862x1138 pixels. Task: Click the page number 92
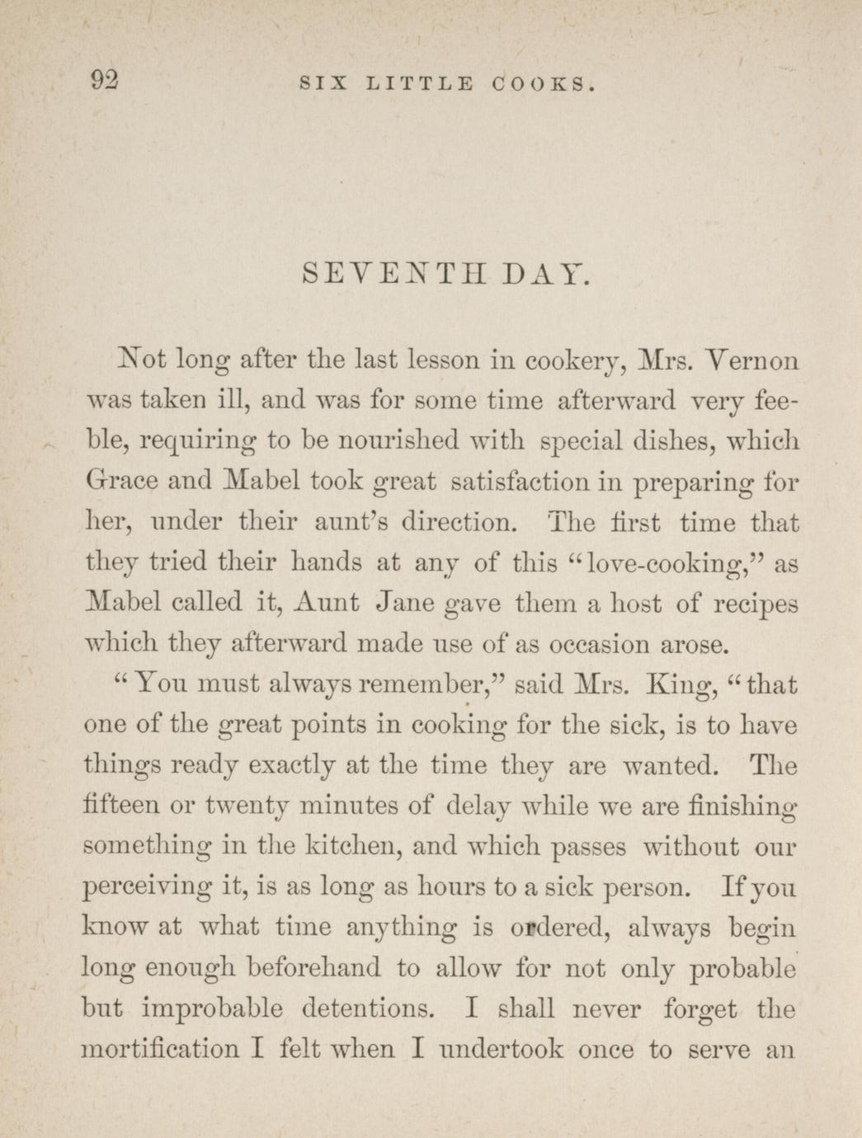[105, 80]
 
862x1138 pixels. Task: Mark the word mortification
[161, 1050]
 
